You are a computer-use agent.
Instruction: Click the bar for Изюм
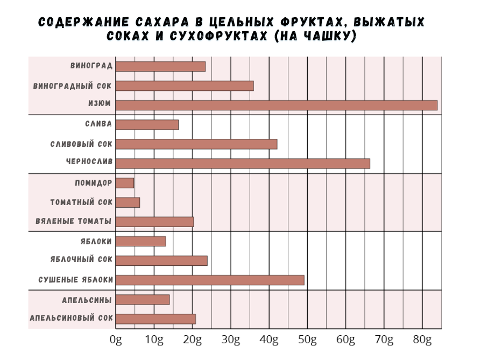[276, 105]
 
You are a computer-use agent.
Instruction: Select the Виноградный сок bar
[185, 86]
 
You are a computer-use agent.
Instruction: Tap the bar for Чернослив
[243, 164]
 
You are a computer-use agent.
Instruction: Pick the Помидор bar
[125, 183]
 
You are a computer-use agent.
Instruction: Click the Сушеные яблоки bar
[210, 280]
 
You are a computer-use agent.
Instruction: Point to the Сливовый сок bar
[196, 144]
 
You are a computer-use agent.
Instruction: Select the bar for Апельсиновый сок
[155, 319]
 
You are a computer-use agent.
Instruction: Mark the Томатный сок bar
[128, 202]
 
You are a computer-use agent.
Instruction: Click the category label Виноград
[91, 66]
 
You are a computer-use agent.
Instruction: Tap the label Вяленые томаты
[73, 222]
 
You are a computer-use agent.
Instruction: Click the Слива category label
[98, 124]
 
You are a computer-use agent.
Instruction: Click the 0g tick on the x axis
[116, 340]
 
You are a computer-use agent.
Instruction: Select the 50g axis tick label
[307, 340]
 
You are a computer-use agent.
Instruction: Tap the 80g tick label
[422, 340]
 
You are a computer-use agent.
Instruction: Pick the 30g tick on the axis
[231, 340]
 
